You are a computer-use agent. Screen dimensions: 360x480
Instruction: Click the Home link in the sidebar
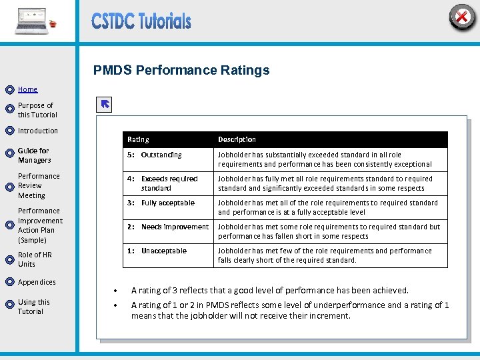pyautogui.click(x=28, y=89)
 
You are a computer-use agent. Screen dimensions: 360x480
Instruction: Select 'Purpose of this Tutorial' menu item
pyautogui.click(x=37, y=110)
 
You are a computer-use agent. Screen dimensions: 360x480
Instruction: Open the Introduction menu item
pyautogui.click(x=38, y=131)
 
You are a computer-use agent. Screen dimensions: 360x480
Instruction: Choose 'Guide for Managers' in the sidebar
pyautogui.click(x=34, y=155)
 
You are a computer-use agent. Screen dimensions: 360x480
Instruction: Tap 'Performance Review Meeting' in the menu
pyautogui.click(x=39, y=186)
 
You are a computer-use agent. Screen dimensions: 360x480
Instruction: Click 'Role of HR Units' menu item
pyautogui.click(x=35, y=259)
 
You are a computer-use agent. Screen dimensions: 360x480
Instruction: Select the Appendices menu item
pyautogui.click(x=37, y=282)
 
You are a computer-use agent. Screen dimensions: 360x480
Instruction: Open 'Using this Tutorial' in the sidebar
pyautogui.click(x=34, y=307)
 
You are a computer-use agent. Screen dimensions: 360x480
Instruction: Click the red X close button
pyautogui.click(x=461, y=17)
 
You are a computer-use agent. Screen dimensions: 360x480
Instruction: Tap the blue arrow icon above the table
pyautogui.click(x=105, y=104)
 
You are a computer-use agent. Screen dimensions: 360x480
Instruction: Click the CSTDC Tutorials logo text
pyautogui.click(x=141, y=21)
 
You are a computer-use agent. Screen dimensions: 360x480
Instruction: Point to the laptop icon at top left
pyautogui.click(x=31, y=21)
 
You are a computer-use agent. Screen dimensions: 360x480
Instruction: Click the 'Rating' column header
pyautogui.click(x=139, y=139)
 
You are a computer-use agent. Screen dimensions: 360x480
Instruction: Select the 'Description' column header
pyautogui.click(x=237, y=139)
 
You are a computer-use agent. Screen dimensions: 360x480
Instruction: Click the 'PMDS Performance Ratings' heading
pyautogui.click(x=181, y=70)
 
